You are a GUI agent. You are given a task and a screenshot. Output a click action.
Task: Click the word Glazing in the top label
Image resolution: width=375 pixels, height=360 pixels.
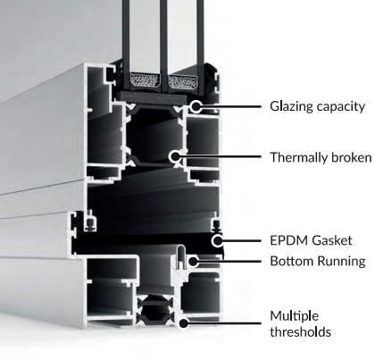[x=291, y=106]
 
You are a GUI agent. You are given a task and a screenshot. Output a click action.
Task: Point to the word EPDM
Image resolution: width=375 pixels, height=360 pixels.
[x=286, y=240]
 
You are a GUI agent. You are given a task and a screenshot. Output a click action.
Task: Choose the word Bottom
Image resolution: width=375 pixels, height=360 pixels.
[x=292, y=261]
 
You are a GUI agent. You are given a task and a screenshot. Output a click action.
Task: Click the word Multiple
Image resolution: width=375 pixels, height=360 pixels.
[x=295, y=316]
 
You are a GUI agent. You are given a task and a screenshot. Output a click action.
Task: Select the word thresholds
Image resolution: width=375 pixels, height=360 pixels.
[x=300, y=331]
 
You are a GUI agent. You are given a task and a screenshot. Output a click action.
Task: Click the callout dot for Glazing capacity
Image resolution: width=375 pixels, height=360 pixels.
[x=196, y=106]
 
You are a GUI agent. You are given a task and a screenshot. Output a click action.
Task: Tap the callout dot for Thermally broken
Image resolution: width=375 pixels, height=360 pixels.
[x=175, y=156]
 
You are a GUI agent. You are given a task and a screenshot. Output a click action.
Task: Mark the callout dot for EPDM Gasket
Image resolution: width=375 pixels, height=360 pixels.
[x=218, y=240]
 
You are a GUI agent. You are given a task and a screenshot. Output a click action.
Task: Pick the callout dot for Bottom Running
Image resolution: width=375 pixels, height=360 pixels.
[x=194, y=262]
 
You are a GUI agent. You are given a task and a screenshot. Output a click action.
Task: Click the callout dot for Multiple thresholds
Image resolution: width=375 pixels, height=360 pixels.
[x=184, y=323]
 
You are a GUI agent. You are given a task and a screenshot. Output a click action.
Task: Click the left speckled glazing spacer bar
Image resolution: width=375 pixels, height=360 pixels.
[x=145, y=80]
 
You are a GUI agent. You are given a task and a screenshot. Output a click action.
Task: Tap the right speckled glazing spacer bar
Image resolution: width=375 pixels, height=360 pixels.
[x=183, y=81]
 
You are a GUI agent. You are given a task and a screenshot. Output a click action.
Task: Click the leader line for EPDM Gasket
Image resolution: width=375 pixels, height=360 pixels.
[x=242, y=240]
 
